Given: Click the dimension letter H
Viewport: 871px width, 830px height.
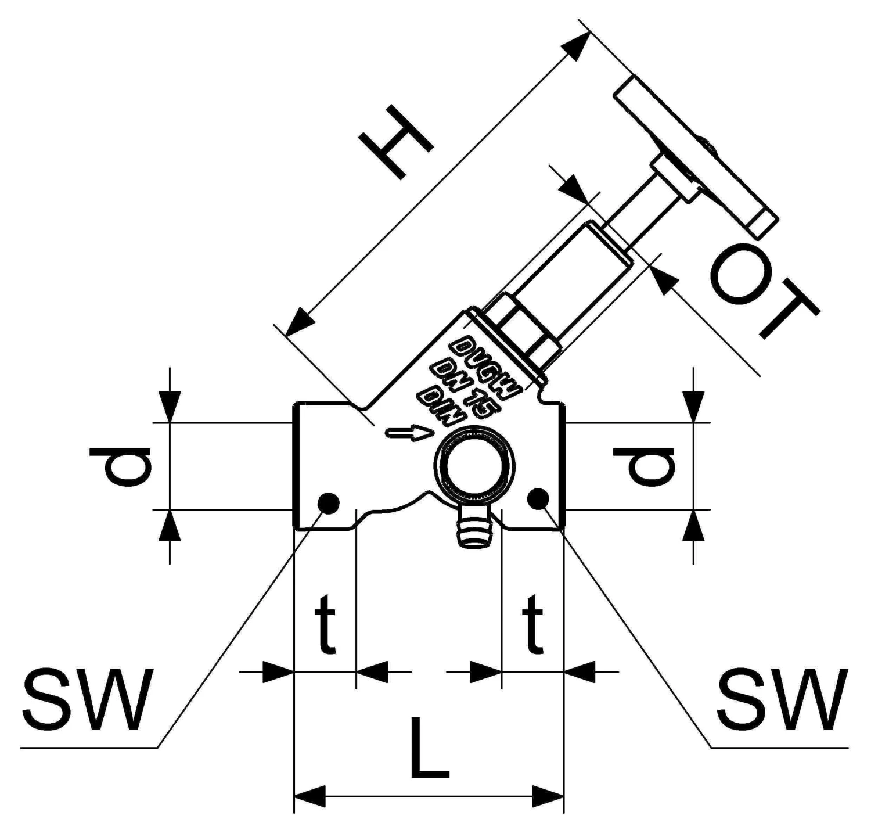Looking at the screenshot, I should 395,148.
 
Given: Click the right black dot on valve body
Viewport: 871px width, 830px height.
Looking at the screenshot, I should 537,498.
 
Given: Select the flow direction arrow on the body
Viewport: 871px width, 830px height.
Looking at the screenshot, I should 409,433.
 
